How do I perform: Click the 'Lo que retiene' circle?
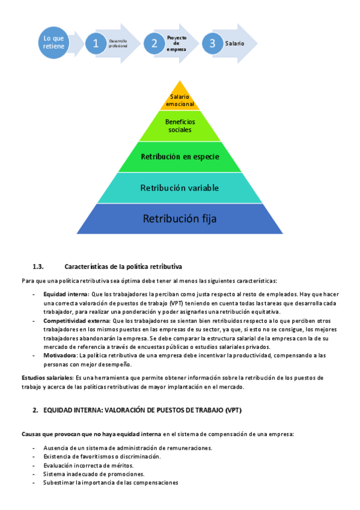click(53, 43)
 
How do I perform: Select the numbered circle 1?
click(96, 43)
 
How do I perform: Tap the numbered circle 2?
click(154, 43)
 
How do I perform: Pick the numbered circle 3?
click(213, 43)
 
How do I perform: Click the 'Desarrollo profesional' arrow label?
click(118, 43)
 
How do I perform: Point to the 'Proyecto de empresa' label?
click(177, 43)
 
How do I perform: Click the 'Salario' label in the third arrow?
click(234, 43)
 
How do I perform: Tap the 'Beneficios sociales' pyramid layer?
click(180, 126)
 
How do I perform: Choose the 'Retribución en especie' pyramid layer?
click(180, 157)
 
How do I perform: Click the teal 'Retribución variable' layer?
click(180, 188)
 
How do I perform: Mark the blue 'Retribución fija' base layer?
click(180, 218)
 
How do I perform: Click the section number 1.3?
click(38, 266)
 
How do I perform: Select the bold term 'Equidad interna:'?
click(66, 294)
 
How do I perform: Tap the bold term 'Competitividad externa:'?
click(77, 321)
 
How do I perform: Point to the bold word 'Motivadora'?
click(59, 355)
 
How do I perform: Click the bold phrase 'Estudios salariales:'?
click(47, 378)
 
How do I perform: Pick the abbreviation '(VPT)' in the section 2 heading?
click(233, 410)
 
